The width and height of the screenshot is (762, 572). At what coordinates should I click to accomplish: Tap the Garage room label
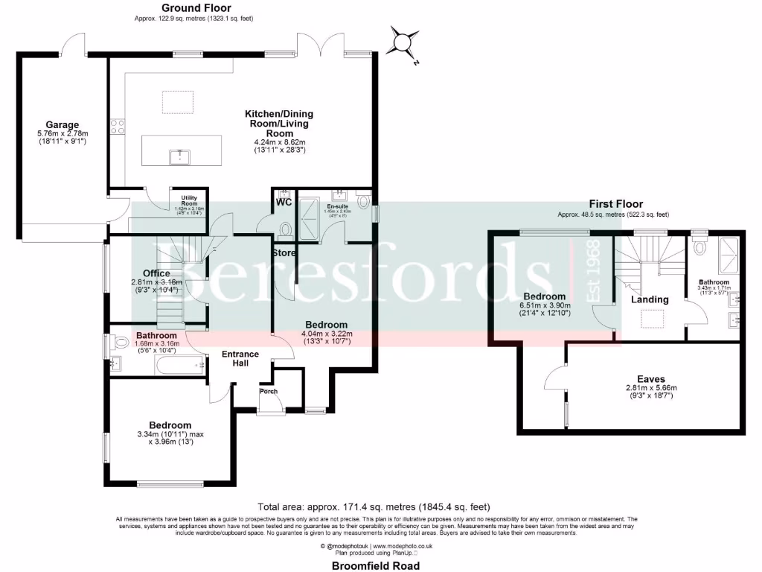coord(62,124)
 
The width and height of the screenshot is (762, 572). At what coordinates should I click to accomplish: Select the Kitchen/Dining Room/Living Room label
coord(279,124)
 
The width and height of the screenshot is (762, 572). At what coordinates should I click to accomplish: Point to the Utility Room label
coord(188,200)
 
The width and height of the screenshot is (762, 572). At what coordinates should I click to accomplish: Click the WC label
coord(284,202)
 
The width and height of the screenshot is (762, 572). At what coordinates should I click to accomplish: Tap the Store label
coord(284,253)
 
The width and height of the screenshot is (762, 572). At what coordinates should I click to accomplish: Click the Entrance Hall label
coord(240,358)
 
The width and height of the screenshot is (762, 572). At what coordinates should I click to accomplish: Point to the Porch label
coord(268,391)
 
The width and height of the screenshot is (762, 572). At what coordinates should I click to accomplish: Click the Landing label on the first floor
coord(650,299)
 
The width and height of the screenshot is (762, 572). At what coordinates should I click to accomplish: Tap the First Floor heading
coord(616,203)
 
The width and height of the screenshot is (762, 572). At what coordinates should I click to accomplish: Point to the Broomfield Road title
coord(375,566)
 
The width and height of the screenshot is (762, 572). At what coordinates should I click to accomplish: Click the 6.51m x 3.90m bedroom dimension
coord(546,305)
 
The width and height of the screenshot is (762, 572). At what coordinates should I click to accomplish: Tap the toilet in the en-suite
coord(363,201)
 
